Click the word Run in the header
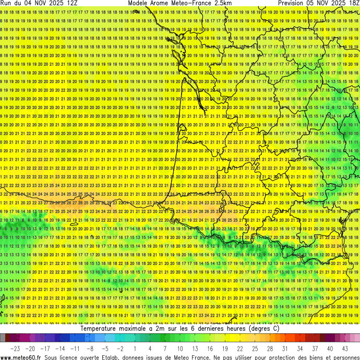point(7,3)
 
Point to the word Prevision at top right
point(294,3)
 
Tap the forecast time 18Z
point(352,3)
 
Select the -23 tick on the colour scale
point(15,348)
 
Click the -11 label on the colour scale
point(75,348)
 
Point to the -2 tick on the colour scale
point(119,348)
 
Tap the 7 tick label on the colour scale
point(165,348)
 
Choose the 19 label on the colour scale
point(225,348)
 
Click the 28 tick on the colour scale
point(270,348)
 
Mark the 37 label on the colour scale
point(315,348)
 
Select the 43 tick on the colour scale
point(345,348)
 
